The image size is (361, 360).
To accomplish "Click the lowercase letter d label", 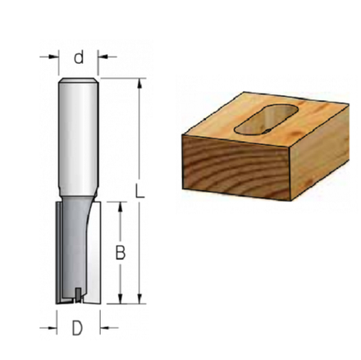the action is (79, 57).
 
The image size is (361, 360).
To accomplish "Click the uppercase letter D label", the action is (77, 328).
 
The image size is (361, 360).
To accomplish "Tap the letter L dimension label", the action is (139, 190).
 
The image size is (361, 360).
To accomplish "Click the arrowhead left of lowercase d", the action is (54, 57).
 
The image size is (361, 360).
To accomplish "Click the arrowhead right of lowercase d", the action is (103, 57).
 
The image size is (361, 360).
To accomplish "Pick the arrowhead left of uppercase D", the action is (53, 327).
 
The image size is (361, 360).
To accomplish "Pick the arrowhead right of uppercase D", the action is (105, 327).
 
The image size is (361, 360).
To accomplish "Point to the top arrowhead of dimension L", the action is (139, 83).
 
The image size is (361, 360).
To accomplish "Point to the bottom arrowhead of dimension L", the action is (139, 298).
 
